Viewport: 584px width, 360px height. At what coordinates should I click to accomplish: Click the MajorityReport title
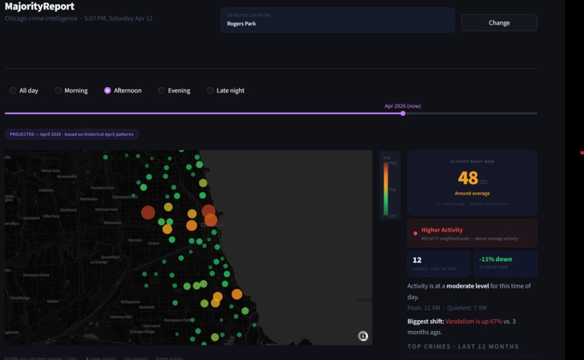pos(39,7)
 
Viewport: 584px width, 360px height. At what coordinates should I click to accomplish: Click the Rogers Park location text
pos(241,23)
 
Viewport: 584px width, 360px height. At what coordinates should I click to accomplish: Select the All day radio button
pos(13,91)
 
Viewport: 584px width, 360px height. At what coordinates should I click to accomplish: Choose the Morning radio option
pos(58,91)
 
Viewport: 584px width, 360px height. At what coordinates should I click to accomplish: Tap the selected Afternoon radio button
pos(107,91)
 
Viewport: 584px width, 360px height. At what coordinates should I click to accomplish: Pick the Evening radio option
pos(162,91)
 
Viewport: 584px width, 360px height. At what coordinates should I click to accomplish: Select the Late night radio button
pos(210,91)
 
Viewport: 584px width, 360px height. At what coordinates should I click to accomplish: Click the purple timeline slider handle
pos(403,113)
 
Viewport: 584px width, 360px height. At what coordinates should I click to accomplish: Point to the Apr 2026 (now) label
pos(402,106)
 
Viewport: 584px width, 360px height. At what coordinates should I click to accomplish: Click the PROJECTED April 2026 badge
pos(72,134)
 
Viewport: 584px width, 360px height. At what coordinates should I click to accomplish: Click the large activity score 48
pos(468,177)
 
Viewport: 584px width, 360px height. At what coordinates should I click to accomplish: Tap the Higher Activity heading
pos(441,230)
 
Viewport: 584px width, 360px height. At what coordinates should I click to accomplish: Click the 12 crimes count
pos(417,259)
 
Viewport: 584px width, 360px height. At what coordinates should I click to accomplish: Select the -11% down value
pos(495,259)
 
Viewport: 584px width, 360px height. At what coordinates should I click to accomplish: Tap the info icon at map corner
pos(363,336)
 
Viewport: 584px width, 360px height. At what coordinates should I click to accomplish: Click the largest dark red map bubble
pos(148,212)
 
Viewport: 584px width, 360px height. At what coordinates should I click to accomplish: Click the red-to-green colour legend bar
pos(386,189)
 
